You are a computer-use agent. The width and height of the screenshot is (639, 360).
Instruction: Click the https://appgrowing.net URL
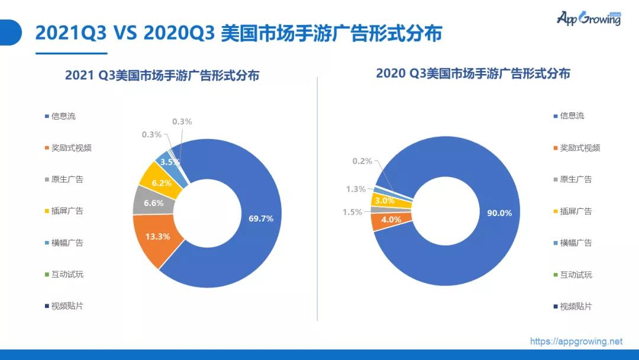[576, 341]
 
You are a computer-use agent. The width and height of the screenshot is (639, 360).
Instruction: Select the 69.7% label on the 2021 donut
[261, 218]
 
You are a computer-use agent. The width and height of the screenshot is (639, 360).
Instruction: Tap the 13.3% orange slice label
[158, 236]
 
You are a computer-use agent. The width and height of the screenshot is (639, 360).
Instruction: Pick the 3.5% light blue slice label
[170, 162]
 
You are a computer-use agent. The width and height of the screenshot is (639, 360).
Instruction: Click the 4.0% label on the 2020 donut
[391, 219]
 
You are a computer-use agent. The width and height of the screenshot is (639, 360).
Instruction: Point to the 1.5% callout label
[352, 212]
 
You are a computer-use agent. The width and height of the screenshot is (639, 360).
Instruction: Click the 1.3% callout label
[356, 189]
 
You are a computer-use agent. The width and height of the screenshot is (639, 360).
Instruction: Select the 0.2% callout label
[362, 161]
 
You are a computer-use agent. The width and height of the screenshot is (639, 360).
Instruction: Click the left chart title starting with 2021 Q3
[162, 75]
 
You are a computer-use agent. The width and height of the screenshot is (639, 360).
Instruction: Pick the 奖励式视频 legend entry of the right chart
[577, 148]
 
